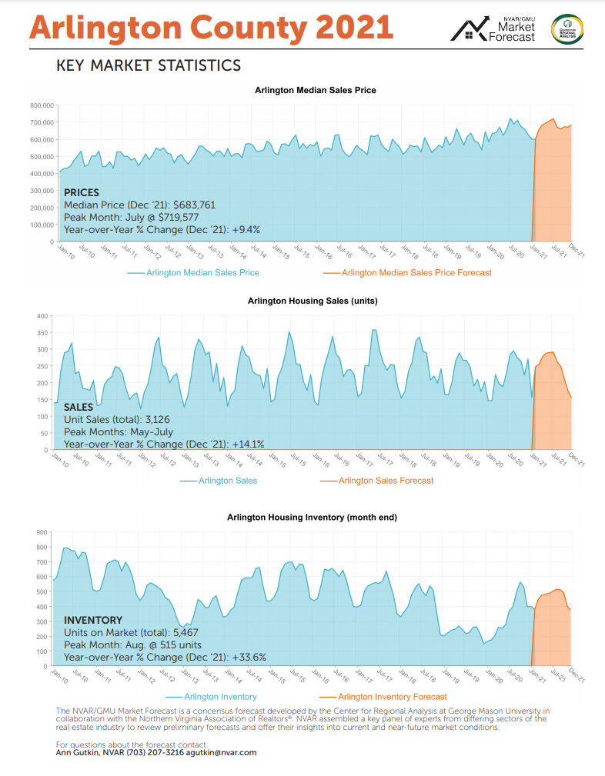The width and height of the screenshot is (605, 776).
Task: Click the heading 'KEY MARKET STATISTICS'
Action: coord(149,66)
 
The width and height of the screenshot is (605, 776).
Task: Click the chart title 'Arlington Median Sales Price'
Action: coord(315,91)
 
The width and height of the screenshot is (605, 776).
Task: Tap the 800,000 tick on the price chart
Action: coord(39,105)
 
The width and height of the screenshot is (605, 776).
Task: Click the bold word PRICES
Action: coord(82,192)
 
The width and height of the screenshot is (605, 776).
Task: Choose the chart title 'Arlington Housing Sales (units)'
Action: coord(312,301)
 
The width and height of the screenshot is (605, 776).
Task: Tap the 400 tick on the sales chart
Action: coord(43,316)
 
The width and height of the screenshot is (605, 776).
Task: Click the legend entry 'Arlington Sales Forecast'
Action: coord(386,481)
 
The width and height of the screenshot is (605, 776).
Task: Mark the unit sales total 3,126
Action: coord(154,420)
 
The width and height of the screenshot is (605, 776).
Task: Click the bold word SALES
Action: coord(78,407)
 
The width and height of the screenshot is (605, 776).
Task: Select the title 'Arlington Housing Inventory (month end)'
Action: coord(312,518)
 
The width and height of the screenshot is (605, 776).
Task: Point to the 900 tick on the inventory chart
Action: coord(43,532)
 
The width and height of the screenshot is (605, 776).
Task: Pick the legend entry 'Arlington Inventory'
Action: coord(221,697)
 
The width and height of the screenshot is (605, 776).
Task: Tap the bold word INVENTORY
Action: coord(93,620)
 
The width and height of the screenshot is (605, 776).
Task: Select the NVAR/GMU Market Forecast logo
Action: coord(493,29)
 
